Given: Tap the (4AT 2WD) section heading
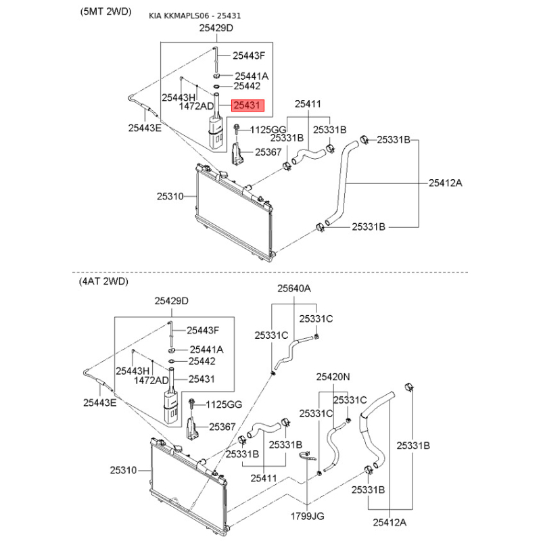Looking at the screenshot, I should pyautogui.click(x=103, y=281).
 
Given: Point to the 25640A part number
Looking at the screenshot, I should pyautogui.click(x=293, y=289).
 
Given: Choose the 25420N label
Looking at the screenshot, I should pyautogui.click(x=333, y=376).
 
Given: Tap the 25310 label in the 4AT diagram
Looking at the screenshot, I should pyautogui.click(x=123, y=469).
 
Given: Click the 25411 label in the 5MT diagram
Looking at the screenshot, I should pyautogui.click(x=307, y=104).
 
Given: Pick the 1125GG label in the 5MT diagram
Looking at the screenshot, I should pyautogui.click(x=269, y=130).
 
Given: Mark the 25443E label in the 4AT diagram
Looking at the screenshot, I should pyautogui.click(x=100, y=403).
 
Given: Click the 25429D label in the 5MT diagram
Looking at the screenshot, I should pyautogui.click(x=216, y=28).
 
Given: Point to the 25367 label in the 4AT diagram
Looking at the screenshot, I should pyautogui.click(x=222, y=427).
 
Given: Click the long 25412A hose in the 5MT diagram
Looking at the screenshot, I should pyautogui.click(x=342, y=183).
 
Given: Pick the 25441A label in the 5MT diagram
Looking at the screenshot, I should pyautogui.click(x=252, y=76).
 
